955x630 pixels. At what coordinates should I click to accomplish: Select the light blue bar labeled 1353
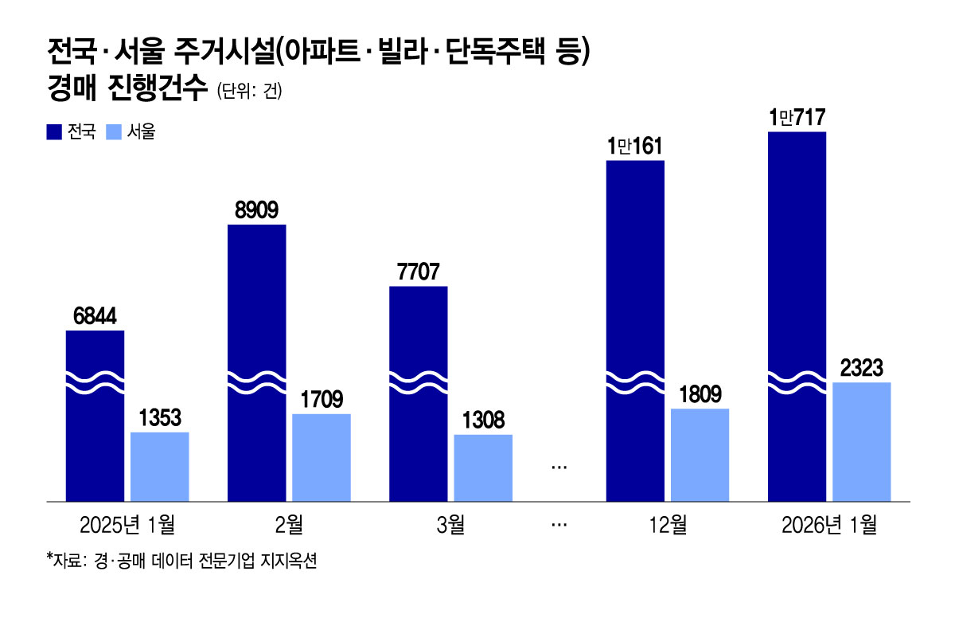(159, 467)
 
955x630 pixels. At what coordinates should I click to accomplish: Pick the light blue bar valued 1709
(322, 457)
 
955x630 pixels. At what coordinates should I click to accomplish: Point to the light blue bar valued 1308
(483, 468)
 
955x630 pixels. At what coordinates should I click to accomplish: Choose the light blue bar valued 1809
(700, 455)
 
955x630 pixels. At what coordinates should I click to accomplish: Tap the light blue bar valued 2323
(861, 442)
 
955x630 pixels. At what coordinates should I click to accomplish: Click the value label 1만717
(797, 119)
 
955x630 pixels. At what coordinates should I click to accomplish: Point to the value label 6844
(95, 317)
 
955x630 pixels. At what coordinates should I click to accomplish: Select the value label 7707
(419, 272)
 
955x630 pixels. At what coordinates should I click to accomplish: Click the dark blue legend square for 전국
(55, 132)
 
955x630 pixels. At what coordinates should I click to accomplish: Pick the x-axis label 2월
(289, 525)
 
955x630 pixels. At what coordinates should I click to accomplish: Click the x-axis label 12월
(667, 525)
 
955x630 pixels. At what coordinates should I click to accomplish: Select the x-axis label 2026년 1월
(828, 525)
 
